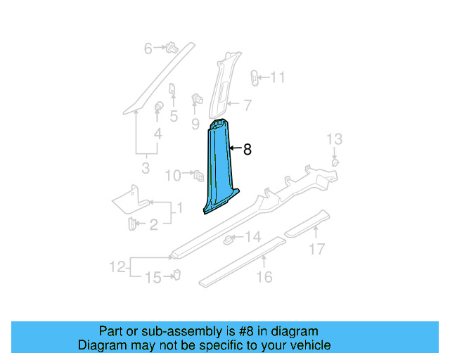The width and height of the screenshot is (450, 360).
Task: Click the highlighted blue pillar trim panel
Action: click(219, 169)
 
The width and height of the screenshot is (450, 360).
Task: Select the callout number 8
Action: click(247, 149)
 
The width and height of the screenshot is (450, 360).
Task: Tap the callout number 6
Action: click(148, 49)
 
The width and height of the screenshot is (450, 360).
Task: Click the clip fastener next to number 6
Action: click(170, 49)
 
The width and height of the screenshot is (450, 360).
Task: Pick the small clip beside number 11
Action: click(255, 77)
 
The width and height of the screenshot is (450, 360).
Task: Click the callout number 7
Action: click(247, 105)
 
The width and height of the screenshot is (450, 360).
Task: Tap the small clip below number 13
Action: click(335, 162)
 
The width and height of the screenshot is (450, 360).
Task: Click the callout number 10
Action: click(173, 175)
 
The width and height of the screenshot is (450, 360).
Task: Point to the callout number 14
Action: click(252, 237)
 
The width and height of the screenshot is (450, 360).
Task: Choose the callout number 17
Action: click(318, 248)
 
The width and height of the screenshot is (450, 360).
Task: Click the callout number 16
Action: click(264, 277)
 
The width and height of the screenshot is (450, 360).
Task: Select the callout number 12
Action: click(117, 266)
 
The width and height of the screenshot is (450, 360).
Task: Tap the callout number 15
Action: click(153, 278)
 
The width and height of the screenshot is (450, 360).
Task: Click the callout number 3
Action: click(146, 168)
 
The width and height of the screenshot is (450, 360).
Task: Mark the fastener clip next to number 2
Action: click(131, 224)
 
